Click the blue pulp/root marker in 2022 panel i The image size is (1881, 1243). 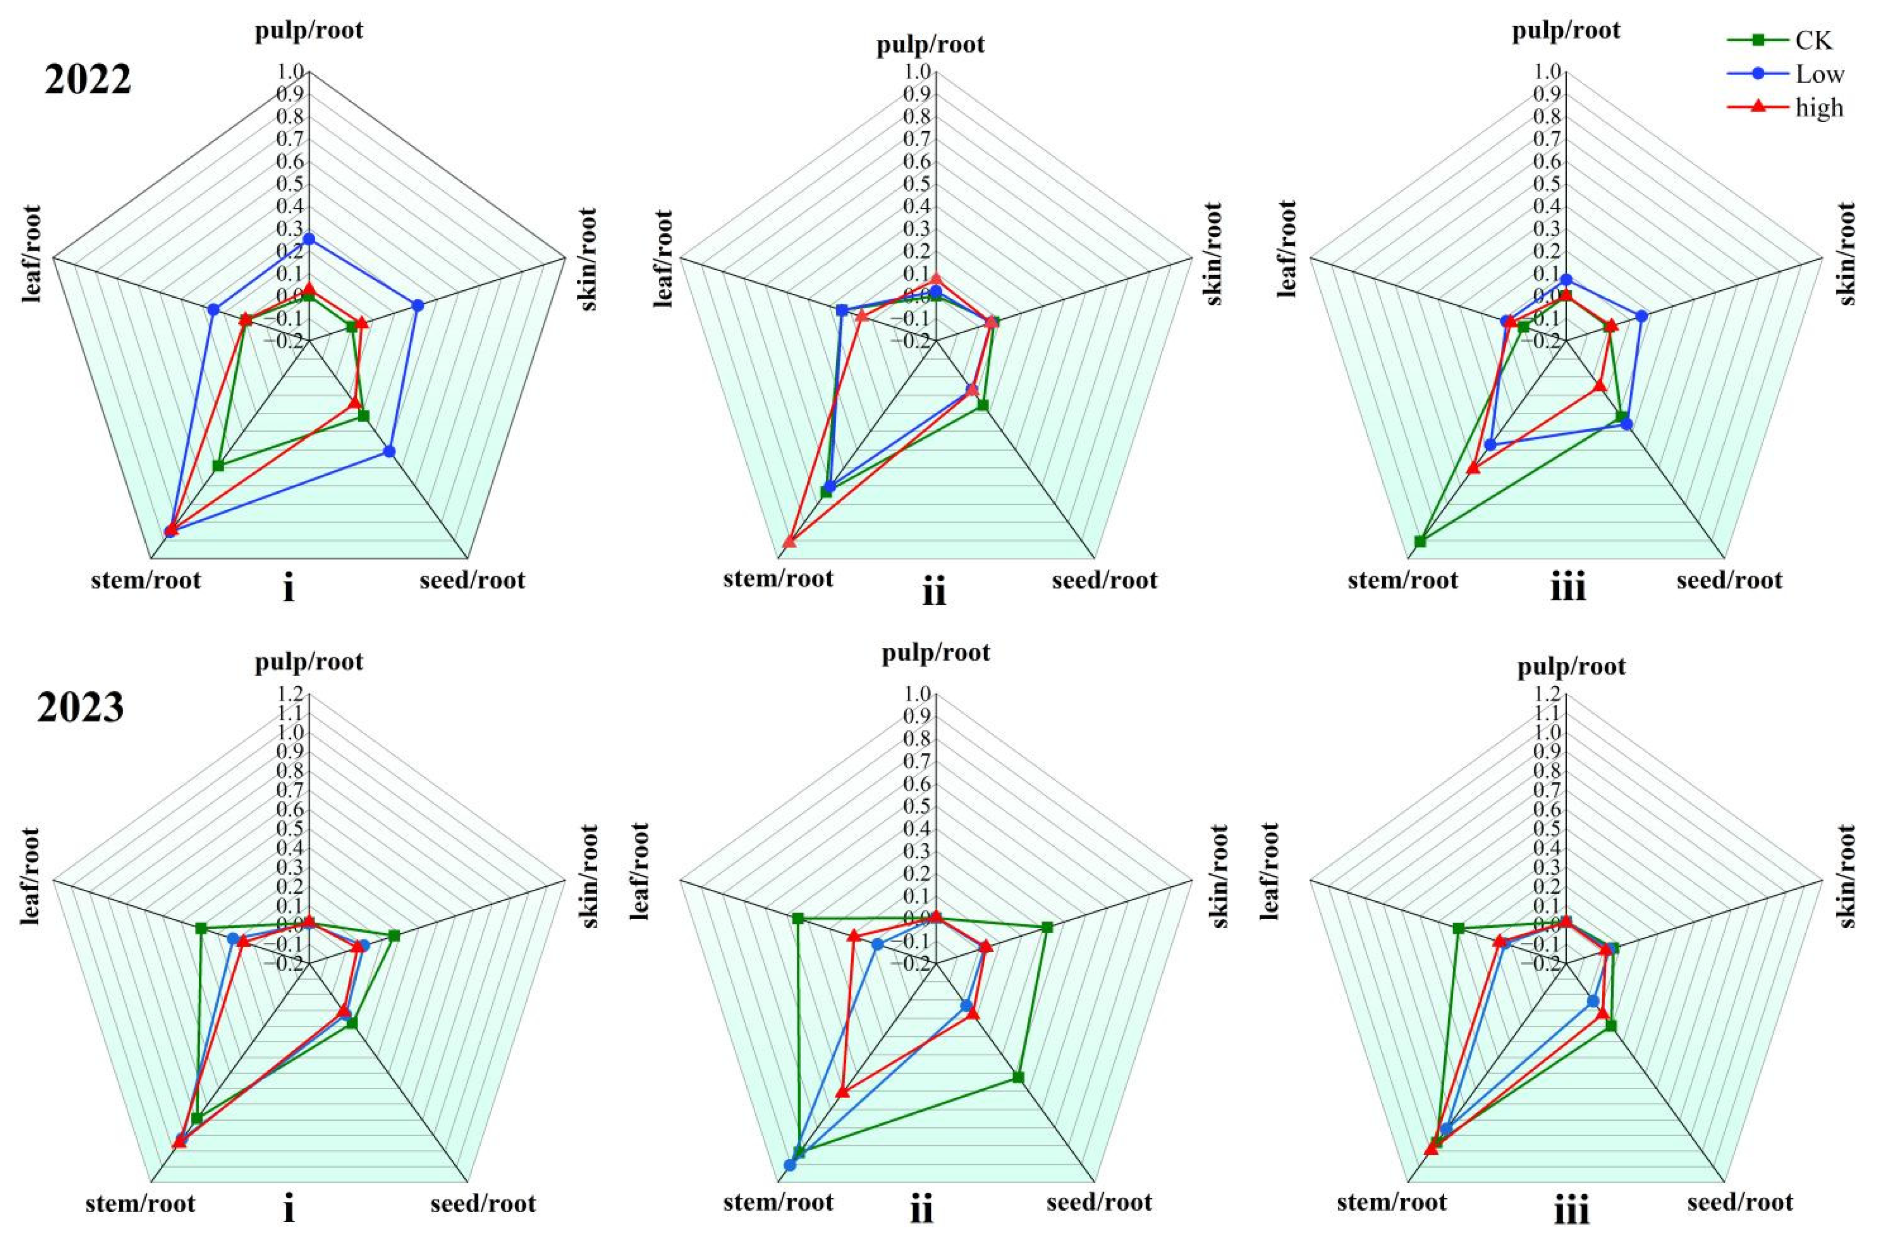[x=309, y=239]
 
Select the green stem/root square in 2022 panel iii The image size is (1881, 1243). [x=1420, y=542]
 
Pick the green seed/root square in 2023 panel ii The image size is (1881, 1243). [x=1018, y=1076]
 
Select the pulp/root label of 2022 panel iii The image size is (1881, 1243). [x=1566, y=31]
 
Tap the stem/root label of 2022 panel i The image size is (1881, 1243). [x=147, y=580]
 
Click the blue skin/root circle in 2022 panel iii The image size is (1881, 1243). [x=1642, y=316]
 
